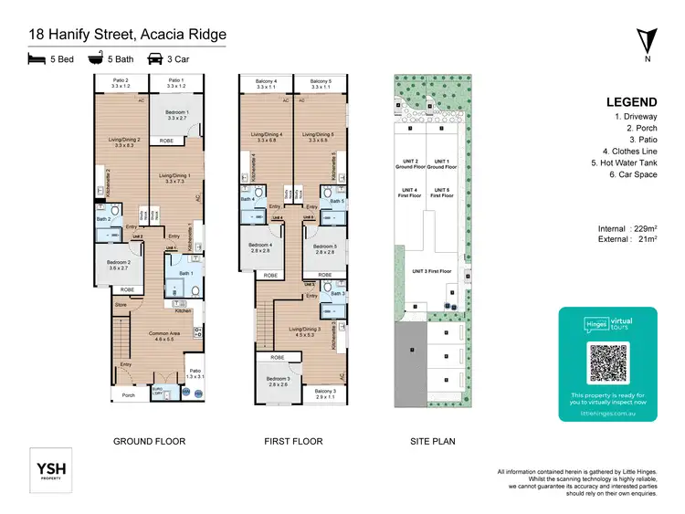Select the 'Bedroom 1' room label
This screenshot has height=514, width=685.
[x=178, y=114]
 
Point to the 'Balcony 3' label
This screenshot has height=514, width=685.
[x=325, y=393]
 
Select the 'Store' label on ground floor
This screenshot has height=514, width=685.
[x=120, y=304]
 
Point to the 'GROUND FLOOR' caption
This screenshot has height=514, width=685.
[x=149, y=442]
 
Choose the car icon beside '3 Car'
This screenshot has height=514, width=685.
[x=154, y=60]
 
